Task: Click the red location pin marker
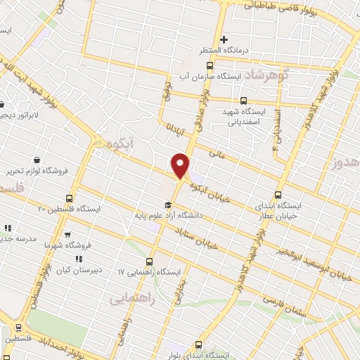tap(181, 165)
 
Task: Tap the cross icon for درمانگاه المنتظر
tap(224, 39)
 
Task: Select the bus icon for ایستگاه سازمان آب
tap(209, 65)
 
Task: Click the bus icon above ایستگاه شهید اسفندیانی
tap(243, 101)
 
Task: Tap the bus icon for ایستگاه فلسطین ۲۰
tap(69, 198)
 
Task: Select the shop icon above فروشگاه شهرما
tap(67, 236)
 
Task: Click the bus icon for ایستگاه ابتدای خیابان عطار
tap(278, 195)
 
